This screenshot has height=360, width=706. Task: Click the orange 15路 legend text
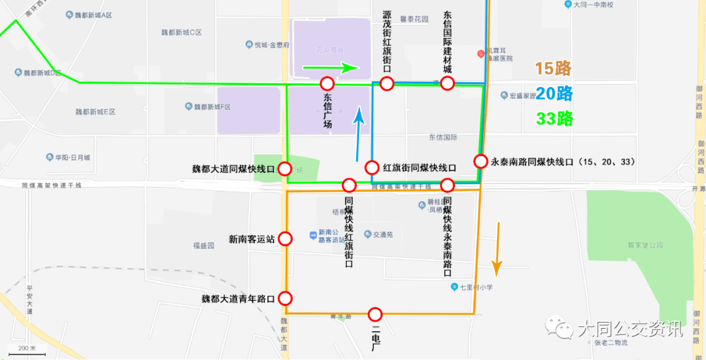coord(553,69)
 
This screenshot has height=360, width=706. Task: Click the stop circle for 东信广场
coord(328,84)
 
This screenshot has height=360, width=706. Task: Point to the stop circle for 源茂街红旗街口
coord(387,84)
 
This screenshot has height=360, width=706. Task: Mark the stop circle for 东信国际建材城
coord(447,84)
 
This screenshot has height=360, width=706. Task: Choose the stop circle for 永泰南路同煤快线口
coord(480,161)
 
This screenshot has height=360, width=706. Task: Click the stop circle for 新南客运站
coord(285,239)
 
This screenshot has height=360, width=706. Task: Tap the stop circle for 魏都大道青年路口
coord(285,299)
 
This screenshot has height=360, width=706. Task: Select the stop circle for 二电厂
coord(375,314)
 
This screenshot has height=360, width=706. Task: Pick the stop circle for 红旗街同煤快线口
coord(372,167)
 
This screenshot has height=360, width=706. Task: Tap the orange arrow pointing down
coord(497,248)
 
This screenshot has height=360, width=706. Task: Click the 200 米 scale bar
coord(27,352)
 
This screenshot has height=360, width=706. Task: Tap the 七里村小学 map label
coord(478,287)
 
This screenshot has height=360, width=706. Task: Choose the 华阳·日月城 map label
coord(73,157)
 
